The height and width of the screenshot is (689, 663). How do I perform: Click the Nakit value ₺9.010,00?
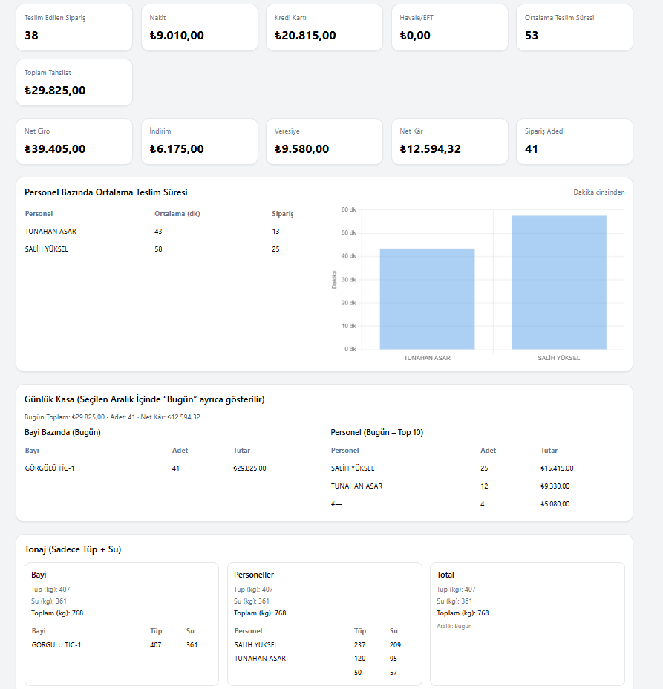(x=177, y=35)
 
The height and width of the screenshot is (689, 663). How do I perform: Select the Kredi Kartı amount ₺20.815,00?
(x=305, y=35)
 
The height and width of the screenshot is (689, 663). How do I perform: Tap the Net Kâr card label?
(x=411, y=131)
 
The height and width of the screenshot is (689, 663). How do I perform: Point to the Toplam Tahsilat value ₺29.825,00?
(x=55, y=90)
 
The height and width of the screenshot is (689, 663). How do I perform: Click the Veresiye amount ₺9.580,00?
(x=301, y=148)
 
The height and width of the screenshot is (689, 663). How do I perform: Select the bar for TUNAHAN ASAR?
(x=427, y=298)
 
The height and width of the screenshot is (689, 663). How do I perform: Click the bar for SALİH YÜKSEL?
(x=558, y=282)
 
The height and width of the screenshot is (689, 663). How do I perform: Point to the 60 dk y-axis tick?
(x=349, y=209)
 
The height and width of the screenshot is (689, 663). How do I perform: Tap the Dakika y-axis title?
(x=334, y=279)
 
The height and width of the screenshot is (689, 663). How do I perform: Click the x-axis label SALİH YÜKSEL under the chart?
(x=558, y=358)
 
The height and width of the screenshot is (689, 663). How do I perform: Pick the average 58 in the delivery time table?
(x=158, y=249)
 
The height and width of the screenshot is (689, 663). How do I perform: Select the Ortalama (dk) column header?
(x=177, y=214)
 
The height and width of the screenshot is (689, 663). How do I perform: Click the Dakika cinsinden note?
(x=598, y=192)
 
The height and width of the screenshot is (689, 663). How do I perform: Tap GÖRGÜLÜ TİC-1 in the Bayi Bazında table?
(x=50, y=468)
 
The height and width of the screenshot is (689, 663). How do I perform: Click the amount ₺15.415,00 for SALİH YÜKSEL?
(x=557, y=468)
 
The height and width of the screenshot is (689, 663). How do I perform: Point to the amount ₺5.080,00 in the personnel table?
(x=555, y=504)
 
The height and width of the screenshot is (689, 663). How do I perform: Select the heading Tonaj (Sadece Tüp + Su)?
(x=73, y=549)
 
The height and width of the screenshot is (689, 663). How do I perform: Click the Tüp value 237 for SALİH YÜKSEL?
(x=360, y=645)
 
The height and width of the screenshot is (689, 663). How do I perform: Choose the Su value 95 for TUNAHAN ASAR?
(x=393, y=659)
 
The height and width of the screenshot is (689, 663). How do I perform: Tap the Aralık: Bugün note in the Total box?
(x=454, y=626)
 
